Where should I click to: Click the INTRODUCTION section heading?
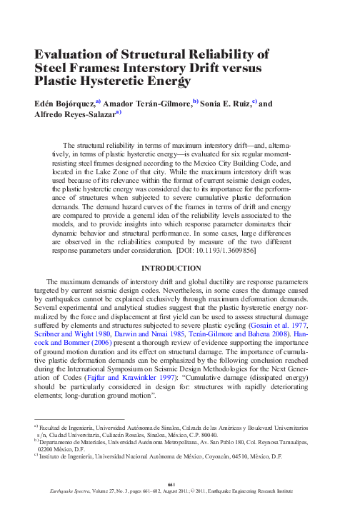pyautogui.click(x=179, y=268)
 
